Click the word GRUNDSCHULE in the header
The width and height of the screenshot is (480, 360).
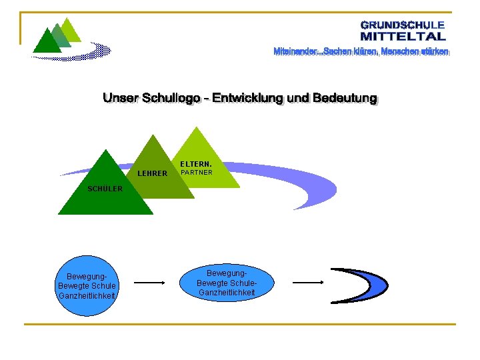(403, 25)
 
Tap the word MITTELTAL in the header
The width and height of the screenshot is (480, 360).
(403, 36)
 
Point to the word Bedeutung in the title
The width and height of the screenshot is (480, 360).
(344, 99)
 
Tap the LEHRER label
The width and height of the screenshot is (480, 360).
(152, 174)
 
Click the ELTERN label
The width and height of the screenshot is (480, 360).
(195, 163)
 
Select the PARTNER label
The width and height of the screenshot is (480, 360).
(197, 173)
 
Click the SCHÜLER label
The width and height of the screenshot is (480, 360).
(105, 189)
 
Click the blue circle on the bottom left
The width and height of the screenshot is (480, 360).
(87, 285)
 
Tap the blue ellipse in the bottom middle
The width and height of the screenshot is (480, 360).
(227, 283)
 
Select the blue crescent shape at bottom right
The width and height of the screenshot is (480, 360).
(363, 284)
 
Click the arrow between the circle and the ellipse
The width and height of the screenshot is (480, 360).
(149, 283)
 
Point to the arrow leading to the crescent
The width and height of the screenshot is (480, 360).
(308, 283)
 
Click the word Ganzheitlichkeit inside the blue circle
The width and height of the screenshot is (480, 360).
(87, 296)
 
